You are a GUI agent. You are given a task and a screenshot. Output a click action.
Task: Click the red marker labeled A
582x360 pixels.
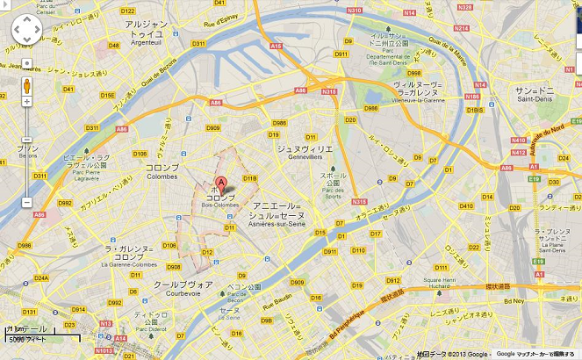[x=221, y=184]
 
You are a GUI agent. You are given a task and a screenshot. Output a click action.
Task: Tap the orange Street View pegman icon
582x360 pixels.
[x=26, y=86]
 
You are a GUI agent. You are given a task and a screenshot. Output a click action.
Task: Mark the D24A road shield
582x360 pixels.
[x=41, y=278]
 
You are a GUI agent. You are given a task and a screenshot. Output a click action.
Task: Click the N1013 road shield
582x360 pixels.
[x=104, y=351]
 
